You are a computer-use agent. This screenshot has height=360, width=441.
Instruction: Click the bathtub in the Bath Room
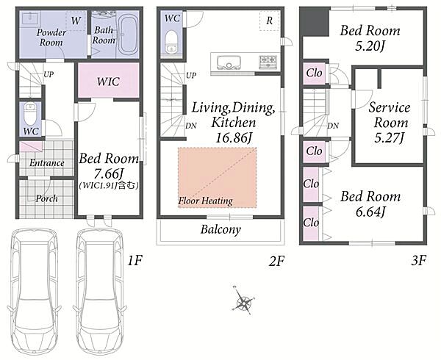[128, 34]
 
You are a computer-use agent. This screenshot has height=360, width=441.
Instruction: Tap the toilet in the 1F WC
[30, 114]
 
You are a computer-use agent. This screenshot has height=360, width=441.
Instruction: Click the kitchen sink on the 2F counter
[229, 62]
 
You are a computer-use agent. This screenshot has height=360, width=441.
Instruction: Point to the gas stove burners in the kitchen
[268, 61]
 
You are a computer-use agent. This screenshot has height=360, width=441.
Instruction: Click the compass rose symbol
[243, 301]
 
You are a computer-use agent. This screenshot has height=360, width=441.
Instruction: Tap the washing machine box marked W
[76, 21]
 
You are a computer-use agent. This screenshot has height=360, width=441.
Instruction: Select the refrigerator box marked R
[270, 21]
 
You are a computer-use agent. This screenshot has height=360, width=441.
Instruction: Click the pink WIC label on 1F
[108, 82]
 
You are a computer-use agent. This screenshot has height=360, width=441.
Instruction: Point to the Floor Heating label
[206, 201]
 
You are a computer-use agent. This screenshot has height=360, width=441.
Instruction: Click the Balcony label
[220, 230]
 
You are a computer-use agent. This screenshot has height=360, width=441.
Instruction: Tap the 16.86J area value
[233, 138]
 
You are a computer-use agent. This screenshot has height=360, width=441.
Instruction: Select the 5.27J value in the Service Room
[390, 137]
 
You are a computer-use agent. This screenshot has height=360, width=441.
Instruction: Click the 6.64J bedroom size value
[370, 212]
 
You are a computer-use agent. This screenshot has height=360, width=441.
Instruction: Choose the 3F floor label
[418, 261]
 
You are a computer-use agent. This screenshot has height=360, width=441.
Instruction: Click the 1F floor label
[135, 261]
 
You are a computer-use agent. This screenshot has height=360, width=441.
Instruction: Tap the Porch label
[47, 198]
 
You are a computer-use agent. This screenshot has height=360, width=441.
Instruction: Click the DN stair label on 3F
[333, 126]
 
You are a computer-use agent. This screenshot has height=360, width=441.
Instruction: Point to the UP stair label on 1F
[49, 75]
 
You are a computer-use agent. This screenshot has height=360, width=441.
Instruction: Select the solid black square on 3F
[315, 21]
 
